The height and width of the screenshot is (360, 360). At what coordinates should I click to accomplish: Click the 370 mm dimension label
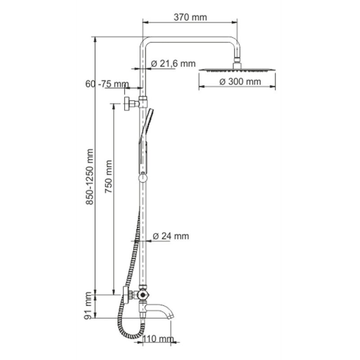click(190, 17)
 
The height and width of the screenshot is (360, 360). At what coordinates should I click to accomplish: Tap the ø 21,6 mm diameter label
click(173, 63)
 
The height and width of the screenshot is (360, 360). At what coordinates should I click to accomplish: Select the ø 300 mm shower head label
click(240, 81)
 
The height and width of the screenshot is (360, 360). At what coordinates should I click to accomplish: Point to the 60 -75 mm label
click(107, 84)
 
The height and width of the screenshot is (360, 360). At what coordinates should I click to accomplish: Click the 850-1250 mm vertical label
click(89, 176)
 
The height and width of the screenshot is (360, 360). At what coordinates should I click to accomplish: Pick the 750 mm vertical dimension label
click(108, 176)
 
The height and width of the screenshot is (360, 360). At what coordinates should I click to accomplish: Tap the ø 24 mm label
click(171, 236)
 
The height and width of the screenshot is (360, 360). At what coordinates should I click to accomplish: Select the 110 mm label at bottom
click(158, 339)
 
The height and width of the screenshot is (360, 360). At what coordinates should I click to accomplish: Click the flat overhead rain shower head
click(238, 69)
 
